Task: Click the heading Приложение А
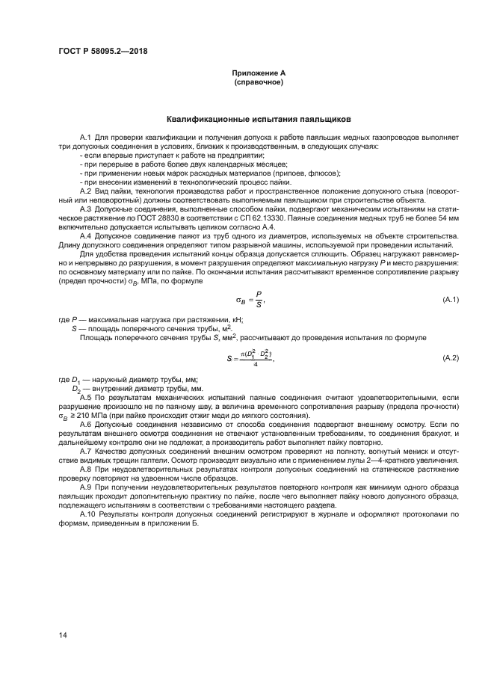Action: pos(258,73)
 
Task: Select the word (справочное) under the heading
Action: pos(258,81)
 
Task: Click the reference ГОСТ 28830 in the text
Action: pos(159,218)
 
